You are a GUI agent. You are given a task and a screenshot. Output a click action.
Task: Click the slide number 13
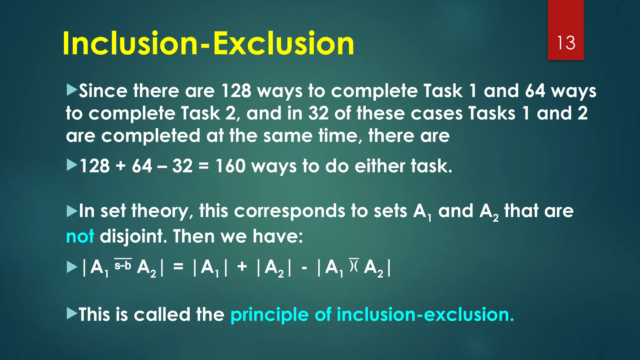click(566, 43)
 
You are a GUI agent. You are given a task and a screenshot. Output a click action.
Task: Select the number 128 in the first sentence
click(236, 91)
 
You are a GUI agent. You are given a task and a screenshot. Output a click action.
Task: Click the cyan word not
click(80, 236)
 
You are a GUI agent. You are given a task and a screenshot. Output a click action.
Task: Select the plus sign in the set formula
click(242, 267)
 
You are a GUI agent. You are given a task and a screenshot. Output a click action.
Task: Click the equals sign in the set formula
click(178, 267)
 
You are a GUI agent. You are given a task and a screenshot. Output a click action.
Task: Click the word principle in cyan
click(269, 314)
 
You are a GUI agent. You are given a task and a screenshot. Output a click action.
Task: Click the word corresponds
click(289, 211)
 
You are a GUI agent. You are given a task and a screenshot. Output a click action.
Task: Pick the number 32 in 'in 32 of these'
click(318, 113)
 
